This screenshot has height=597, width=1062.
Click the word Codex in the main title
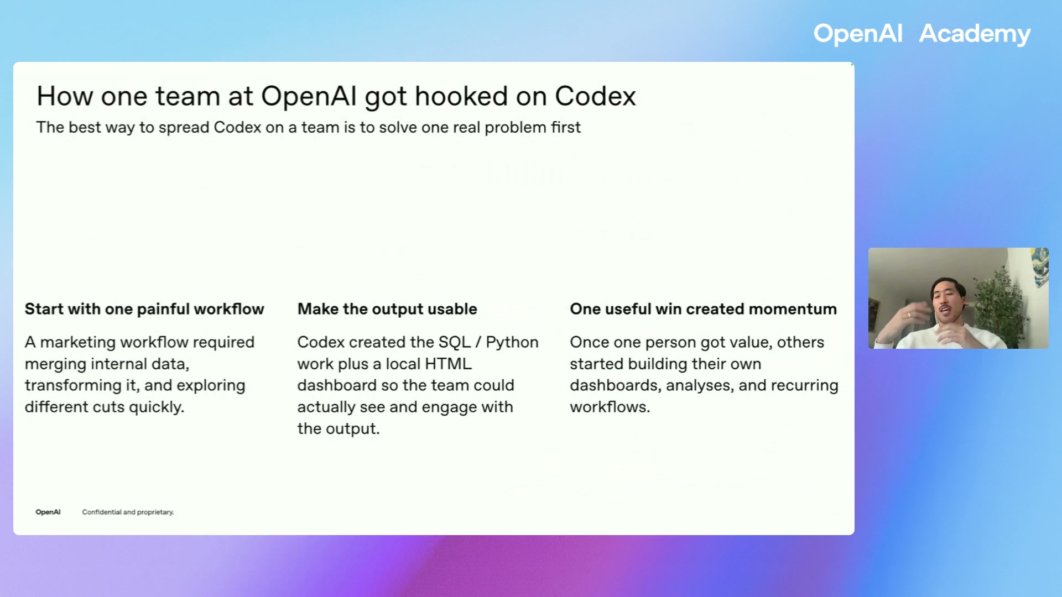[595, 97]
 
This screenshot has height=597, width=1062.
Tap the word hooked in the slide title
[460, 97]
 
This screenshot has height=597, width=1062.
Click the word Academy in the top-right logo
[974, 34]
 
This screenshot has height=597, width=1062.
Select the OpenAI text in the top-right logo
[857, 34]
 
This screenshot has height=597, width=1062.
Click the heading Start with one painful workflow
[144, 309]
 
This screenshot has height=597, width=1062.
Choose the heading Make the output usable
[387, 309]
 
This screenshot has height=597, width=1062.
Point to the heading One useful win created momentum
[703, 309]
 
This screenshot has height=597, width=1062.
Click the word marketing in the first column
[78, 342]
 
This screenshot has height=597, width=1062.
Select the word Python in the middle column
[512, 342]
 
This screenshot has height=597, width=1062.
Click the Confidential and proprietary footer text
[128, 512]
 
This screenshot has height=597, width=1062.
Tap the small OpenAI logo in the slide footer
[48, 512]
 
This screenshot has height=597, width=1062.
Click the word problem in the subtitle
[515, 128]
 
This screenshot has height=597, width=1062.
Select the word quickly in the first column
[156, 407]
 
